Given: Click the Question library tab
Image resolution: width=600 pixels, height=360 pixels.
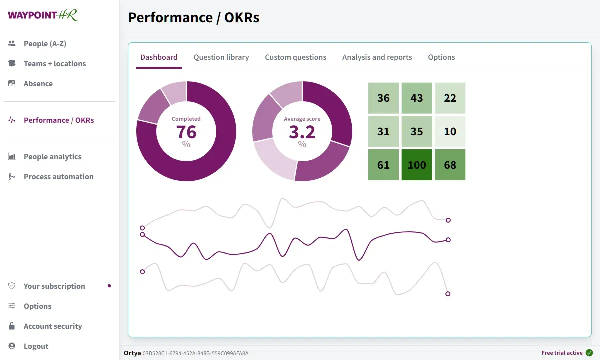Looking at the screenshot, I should click(221, 57).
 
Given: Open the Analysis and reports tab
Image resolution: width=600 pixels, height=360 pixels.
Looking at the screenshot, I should click(377, 57).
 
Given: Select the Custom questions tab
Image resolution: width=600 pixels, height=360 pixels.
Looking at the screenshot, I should click(295, 57).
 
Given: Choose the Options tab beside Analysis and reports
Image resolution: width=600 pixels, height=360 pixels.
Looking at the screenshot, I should click(441, 57).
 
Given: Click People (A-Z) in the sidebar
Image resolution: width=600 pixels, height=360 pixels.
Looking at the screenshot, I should click(45, 44).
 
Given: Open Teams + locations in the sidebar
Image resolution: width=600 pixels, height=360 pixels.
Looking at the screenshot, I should click(54, 64).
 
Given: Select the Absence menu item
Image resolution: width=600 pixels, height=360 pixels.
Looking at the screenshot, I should click(38, 84).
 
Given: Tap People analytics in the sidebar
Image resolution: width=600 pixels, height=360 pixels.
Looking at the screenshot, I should click(52, 157).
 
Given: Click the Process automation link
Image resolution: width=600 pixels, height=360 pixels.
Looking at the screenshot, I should click(58, 177).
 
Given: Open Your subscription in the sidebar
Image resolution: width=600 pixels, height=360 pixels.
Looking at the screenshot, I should click(54, 286).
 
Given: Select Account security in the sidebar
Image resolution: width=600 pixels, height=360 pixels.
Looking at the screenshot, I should click(53, 326).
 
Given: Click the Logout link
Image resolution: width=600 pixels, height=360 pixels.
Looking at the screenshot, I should click(36, 346).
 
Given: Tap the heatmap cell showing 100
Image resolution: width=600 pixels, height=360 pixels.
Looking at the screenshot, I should click(417, 165).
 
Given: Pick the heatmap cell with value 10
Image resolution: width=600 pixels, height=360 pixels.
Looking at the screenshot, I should click(450, 131).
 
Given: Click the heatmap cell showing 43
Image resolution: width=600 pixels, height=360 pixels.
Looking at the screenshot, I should click(417, 98).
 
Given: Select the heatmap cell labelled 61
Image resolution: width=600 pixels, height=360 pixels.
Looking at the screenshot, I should click(383, 165).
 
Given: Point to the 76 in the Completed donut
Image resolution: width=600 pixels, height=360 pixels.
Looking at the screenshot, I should click(186, 132).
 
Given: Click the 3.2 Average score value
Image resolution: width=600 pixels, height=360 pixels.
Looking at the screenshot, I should click(302, 132).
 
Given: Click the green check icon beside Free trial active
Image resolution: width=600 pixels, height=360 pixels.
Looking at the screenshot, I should click(589, 353).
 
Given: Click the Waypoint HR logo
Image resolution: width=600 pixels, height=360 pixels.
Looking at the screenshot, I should click(43, 15).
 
